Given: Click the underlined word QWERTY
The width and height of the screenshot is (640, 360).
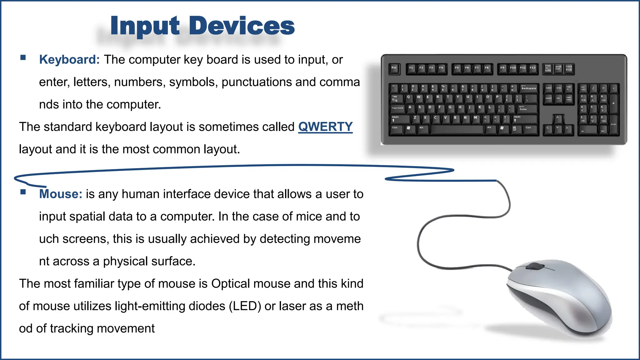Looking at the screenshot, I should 325,127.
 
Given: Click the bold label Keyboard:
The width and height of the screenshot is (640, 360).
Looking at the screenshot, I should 69,60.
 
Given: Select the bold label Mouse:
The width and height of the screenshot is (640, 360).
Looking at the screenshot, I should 61,194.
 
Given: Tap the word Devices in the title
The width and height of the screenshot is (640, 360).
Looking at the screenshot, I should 242,26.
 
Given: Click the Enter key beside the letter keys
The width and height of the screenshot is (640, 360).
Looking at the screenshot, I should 527,108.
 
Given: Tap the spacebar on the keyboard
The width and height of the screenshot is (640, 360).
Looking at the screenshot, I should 457,129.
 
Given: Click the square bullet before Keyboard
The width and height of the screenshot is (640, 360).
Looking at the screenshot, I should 23,57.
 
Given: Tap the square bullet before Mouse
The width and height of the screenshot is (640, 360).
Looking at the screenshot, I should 23,192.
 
